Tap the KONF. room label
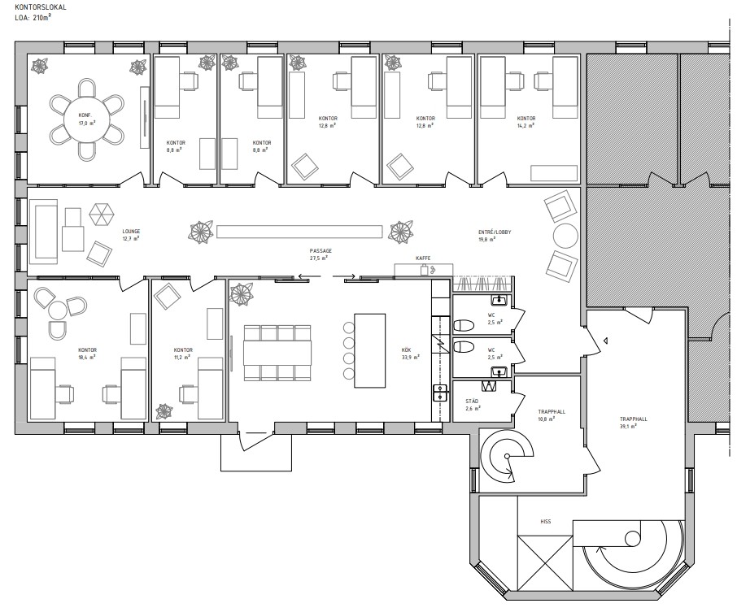point(85,115)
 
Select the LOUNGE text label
point(131,232)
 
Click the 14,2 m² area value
point(526,126)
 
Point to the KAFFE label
point(423,258)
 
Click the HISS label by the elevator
point(545,521)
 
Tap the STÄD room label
point(472,401)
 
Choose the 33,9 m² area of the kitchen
point(410,357)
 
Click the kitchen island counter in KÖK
point(369,350)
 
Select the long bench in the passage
point(299,232)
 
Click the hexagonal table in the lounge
point(102,215)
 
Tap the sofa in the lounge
point(43,232)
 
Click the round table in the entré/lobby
point(565,236)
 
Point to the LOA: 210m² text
point(33,17)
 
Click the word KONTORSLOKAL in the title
point(34,7)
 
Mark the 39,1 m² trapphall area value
point(628,427)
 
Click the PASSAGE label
point(321,251)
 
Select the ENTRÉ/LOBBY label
point(495,232)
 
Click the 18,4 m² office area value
point(87,357)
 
